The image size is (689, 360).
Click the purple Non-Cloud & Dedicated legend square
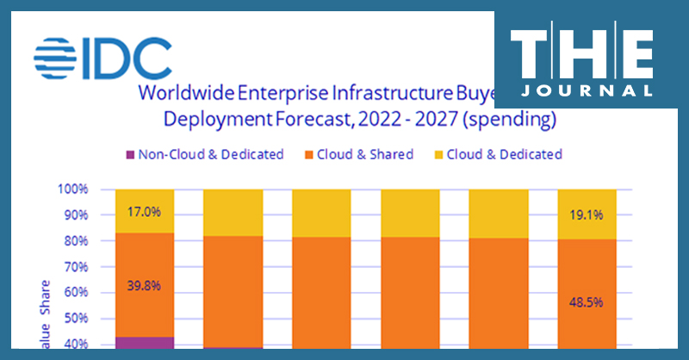[x=131, y=155]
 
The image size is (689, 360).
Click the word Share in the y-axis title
[x=45, y=299]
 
